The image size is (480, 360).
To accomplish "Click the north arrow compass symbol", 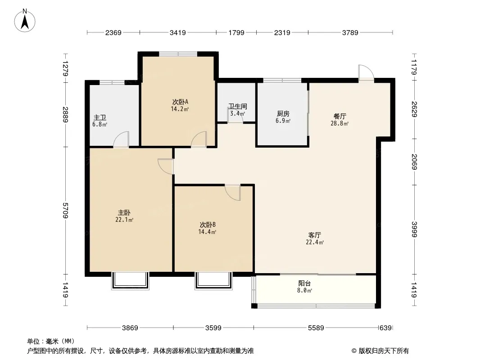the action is (25, 21).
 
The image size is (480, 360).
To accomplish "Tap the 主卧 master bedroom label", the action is (124, 212).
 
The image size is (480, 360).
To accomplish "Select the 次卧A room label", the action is (180, 102).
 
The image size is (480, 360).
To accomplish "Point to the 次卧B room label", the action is (208, 225).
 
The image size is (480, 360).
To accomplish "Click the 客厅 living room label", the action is (315, 235).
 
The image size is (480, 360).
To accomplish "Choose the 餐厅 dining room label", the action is (340, 117).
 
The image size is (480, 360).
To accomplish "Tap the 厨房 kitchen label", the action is (283, 114).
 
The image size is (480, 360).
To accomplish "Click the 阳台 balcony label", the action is (304, 283).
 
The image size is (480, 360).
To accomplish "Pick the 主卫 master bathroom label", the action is (100, 117).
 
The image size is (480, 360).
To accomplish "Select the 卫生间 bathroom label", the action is (238, 107).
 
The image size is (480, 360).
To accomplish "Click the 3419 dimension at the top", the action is (178, 32).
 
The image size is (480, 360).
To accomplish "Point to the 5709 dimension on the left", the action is (65, 211).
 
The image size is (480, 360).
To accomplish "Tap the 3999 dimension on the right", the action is (414, 229).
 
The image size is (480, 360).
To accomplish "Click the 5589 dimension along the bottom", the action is (316, 328).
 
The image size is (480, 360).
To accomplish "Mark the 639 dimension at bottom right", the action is (385, 328).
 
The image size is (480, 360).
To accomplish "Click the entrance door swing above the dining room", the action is (366, 72).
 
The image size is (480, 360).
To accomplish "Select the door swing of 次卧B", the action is (233, 193).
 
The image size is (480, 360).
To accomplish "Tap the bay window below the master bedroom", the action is (130, 280).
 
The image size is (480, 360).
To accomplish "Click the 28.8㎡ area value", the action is (340, 124).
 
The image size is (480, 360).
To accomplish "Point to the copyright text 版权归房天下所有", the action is (383, 351).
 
